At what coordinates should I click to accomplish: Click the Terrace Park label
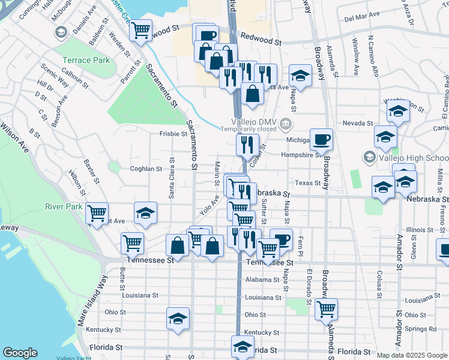85,60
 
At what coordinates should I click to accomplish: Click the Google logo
20,353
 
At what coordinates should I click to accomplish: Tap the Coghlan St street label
146,169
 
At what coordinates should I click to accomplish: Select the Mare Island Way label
90,300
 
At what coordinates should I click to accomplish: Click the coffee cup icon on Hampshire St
321,140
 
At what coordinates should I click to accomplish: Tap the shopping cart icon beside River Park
97,213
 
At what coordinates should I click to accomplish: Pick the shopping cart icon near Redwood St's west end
140,29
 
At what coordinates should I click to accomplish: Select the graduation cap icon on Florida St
243,347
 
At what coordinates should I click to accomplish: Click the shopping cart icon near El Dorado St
326,309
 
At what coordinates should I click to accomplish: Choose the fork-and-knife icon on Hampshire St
247,144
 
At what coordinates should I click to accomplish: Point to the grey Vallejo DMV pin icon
286,124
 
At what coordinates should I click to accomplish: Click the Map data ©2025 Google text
412,355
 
